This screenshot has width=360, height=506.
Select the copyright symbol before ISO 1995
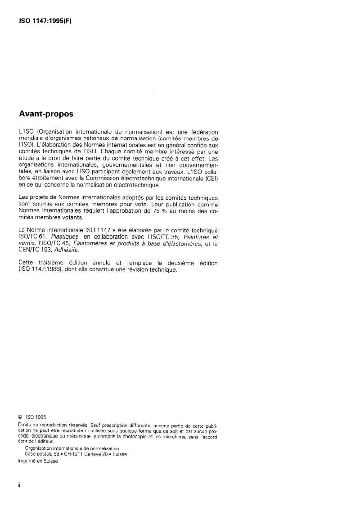(x=20, y=417)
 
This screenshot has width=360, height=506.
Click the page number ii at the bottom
(x=19, y=487)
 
